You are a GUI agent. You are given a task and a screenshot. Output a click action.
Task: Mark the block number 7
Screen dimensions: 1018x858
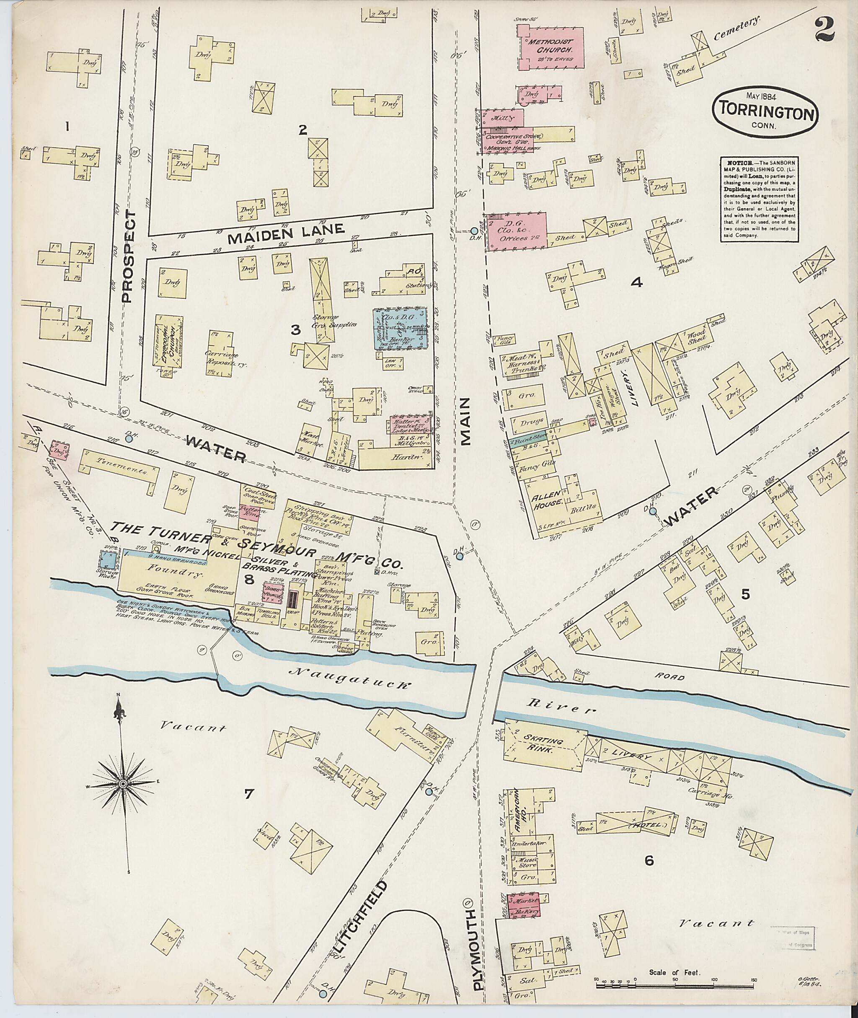248,795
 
